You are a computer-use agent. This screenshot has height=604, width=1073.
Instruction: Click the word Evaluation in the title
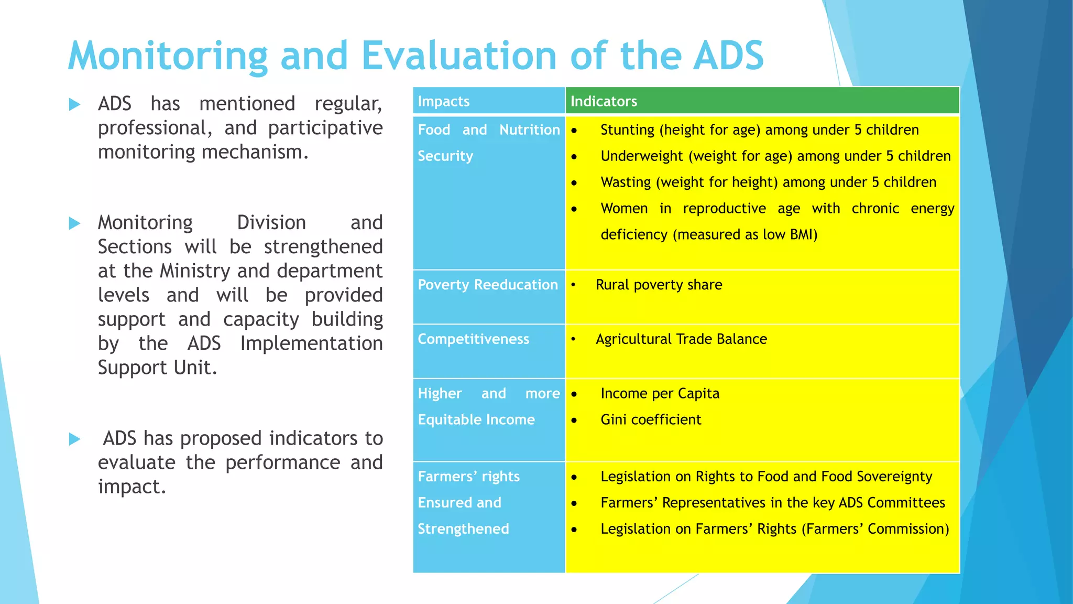458,56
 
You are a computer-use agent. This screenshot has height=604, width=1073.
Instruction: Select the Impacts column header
443,101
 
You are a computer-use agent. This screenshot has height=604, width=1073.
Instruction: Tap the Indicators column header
604,101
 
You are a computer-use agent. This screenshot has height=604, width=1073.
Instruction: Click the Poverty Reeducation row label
487,285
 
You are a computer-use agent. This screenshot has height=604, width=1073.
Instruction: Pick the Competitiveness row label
473,339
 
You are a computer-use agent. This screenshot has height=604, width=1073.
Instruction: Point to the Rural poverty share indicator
659,285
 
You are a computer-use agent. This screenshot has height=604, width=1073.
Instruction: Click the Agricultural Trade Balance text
681,339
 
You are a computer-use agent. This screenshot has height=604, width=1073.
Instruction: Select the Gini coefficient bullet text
650,419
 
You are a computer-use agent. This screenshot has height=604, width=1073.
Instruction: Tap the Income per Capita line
660,393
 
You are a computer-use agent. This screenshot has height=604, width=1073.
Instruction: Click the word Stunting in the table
627,130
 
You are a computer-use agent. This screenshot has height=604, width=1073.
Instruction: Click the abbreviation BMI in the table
802,234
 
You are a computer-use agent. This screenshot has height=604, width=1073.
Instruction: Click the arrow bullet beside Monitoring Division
74,224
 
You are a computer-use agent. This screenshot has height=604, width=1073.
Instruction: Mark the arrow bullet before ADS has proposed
74,439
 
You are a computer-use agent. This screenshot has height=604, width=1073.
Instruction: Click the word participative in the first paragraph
325,128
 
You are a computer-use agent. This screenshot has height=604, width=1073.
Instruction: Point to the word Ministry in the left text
195,271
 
